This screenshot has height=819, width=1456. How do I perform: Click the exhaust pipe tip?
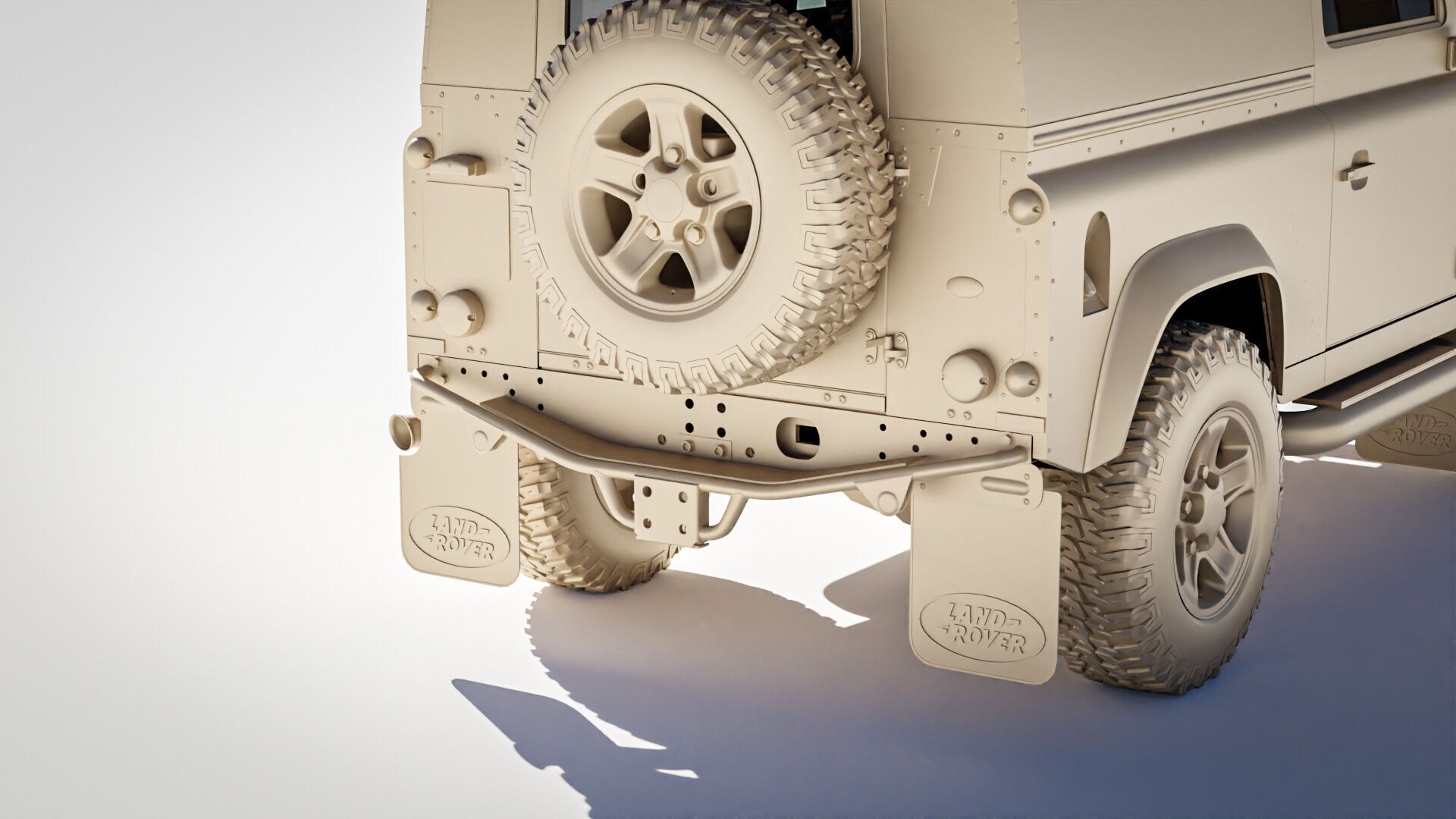pos(403,433)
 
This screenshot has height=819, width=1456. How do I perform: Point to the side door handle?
pos(1357,170)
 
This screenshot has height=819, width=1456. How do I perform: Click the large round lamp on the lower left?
pos(460,312)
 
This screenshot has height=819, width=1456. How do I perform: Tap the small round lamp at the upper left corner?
pos(419,152)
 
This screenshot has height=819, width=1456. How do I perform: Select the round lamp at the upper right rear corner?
pos(1025,206)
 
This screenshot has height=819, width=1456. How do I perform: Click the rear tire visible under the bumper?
pos(576,531)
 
